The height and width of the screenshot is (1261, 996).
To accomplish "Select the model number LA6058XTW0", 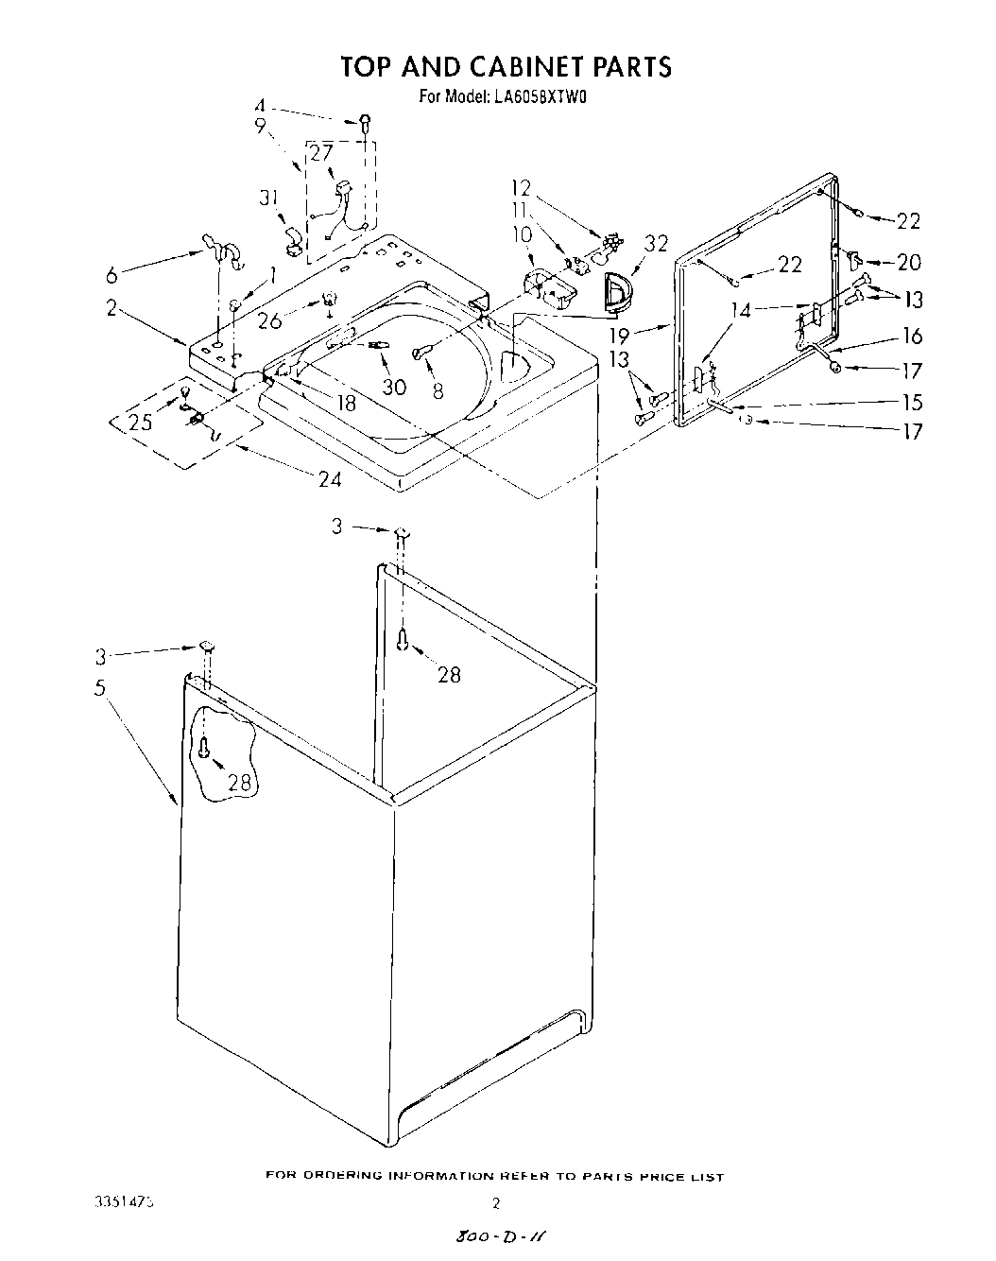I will (535, 95).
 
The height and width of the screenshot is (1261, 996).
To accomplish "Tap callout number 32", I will (655, 244).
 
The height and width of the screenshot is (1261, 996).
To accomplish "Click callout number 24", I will (329, 478).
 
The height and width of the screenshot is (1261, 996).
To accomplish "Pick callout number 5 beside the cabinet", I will (100, 688).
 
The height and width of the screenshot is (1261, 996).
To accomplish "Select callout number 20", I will (908, 262).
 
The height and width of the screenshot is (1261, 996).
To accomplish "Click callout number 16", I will (912, 336).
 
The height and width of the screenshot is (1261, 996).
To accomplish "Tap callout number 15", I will (912, 403).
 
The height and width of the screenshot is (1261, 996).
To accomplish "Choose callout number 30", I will (393, 387).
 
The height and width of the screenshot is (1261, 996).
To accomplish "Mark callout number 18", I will (347, 402).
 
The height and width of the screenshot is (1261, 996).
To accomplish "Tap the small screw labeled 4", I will (364, 121).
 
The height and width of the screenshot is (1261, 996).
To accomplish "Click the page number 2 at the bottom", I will (495, 1204).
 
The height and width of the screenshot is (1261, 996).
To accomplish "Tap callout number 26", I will (269, 320).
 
